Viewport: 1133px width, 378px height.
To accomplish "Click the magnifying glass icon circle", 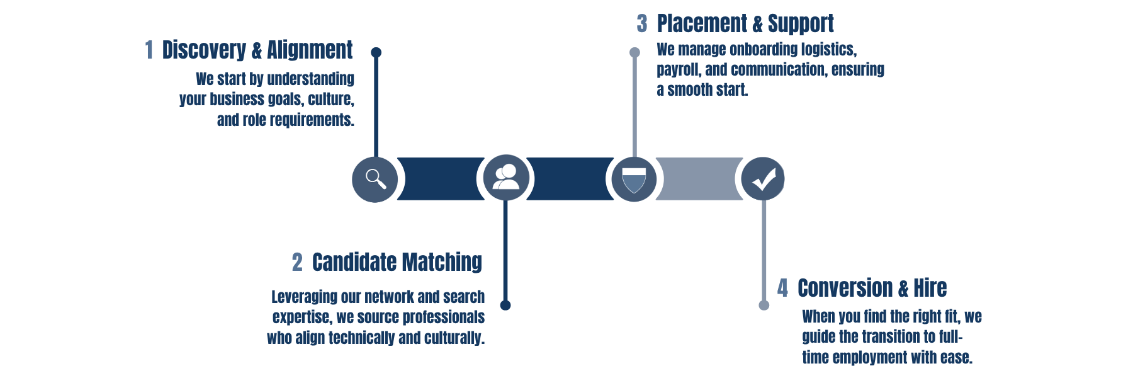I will [375, 180].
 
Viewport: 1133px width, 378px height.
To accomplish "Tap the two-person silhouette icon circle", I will [506, 178].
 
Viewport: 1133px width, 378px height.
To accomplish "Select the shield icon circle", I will [634, 180].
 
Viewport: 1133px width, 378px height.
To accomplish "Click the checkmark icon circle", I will [763, 180].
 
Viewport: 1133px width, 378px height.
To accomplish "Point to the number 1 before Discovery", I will [149, 50].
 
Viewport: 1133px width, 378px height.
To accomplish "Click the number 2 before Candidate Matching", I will [297, 263].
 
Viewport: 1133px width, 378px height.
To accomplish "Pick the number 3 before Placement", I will [641, 24].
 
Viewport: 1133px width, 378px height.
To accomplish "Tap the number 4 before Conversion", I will [782, 289].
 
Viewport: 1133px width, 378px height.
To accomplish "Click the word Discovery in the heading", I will [204, 50].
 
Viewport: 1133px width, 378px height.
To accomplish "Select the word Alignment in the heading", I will [310, 50].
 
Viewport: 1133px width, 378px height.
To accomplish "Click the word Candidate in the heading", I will [354, 263].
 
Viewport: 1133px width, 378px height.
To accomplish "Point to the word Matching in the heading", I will [442, 263].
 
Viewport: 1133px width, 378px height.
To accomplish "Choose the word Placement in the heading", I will [702, 24].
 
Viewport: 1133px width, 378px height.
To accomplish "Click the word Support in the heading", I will [801, 24].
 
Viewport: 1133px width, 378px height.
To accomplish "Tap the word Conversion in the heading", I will [845, 289].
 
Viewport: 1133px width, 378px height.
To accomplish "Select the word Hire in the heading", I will [930, 289].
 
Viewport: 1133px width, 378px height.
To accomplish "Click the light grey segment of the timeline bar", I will [699, 180].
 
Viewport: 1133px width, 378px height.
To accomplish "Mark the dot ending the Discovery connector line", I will [376, 52].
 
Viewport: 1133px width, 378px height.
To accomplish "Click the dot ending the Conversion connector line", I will [764, 306].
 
